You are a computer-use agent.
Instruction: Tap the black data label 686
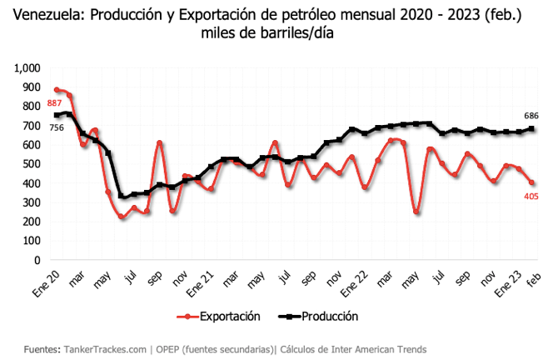click(531, 115)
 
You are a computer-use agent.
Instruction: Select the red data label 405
click(531, 197)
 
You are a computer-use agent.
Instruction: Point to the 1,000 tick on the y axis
click(27, 67)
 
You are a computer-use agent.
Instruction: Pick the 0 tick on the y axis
click(38, 260)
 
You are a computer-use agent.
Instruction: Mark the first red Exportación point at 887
click(57, 90)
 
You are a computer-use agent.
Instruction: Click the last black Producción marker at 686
click(531, 128)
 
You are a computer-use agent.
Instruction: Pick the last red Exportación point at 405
click(531, 182)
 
